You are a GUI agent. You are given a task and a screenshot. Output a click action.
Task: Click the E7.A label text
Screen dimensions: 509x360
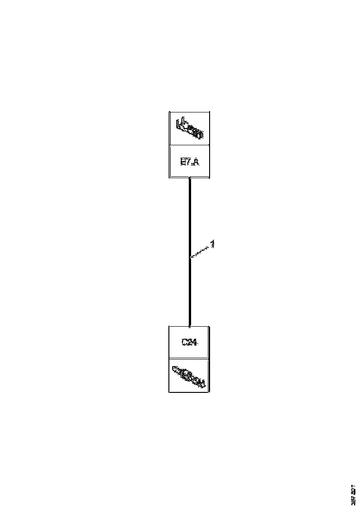point(189,162)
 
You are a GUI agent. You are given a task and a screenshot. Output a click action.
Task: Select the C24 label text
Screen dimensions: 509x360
point(189,342)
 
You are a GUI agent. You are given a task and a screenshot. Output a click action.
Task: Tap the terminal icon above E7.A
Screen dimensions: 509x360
point(189,129)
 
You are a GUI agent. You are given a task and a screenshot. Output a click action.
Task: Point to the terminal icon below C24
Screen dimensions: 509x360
point(189,375)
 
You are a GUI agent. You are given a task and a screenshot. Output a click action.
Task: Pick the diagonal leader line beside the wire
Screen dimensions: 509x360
point(201,251)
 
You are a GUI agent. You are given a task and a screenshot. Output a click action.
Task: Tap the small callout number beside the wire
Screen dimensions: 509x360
point(213,243)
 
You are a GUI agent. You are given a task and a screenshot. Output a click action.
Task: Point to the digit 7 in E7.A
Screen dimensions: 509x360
point(188,162)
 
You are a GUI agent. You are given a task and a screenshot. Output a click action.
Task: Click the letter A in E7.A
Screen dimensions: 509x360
point(196,162)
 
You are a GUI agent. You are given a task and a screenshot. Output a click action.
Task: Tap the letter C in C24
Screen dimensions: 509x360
point(184,342)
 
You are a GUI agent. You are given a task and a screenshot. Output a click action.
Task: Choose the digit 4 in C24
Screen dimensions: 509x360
point(195,342)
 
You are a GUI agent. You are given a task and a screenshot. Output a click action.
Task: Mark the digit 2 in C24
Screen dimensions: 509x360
point(189,342)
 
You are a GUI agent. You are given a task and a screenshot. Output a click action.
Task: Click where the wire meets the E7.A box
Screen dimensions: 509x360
point(190,178)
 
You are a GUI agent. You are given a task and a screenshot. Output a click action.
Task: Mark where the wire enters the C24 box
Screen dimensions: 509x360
point(190,326)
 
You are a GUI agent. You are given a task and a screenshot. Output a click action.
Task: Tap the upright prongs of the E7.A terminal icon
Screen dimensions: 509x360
point(182,122)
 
